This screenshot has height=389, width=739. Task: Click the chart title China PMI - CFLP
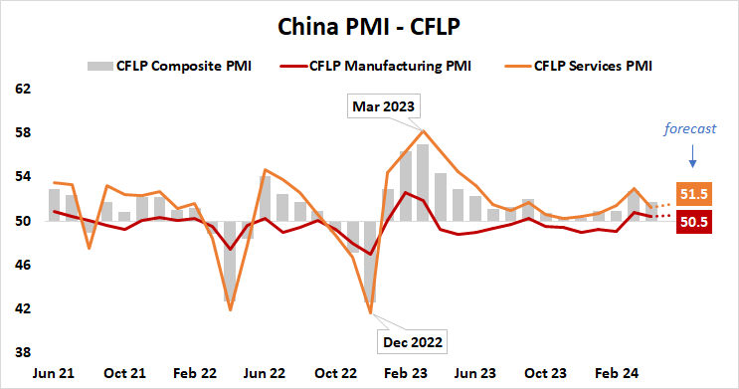tap(368, 22)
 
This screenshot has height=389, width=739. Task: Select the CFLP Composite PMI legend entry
tap(169, 67)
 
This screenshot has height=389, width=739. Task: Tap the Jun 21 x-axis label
tap(56, 373)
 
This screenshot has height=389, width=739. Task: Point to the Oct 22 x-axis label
tap(334, 373)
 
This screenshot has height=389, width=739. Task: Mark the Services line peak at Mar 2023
tap(424, 131)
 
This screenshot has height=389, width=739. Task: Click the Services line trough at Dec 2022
tap(371, 313)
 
